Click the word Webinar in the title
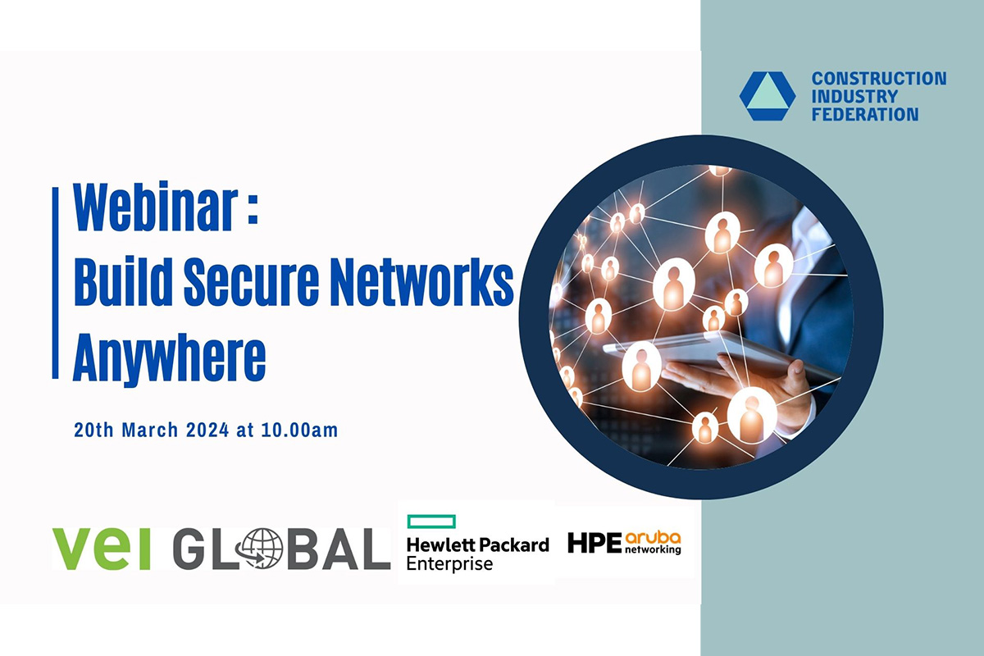pos(156,207)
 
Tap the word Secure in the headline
pos(251,280)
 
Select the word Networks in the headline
pos(421,280)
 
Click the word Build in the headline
pos(123,280)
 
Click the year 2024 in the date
pos(207,430)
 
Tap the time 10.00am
pos(299,430)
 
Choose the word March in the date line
pos(150,430)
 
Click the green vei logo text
pos(102,549)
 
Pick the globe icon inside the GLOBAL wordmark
pos(258,549)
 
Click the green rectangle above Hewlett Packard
pos(431,521)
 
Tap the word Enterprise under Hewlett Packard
pos(449,563)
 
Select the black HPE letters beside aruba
pos(594,542)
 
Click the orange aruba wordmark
pos(653,538)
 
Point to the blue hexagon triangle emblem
pos(768,96)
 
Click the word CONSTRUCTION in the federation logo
pos(878,79)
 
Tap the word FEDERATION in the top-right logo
pos(865,114)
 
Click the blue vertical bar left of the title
pos(56,283)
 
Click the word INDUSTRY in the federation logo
pos(854,96)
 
